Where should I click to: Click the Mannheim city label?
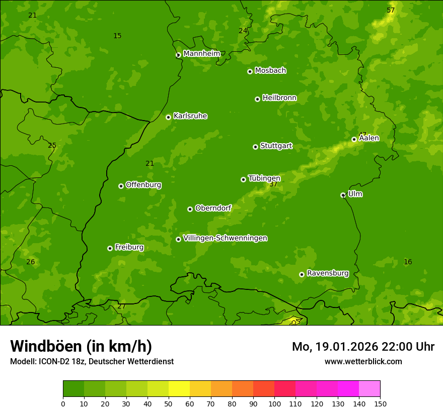pos(201,53)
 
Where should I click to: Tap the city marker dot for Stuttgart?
pos(255,147)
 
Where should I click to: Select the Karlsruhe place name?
pos(190,116)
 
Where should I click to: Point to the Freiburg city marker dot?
pos(110,248)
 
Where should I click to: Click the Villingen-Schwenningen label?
pos(225,238)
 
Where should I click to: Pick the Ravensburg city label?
pos(327,273)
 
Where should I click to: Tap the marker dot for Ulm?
pos(343,195)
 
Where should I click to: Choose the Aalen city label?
pos(369,138)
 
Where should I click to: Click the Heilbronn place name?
pos(279,98)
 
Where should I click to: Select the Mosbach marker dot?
pos(250,71)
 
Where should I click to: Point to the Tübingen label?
pos(264,178)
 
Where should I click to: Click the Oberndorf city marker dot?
pos(190,209)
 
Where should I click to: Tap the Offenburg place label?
pos(143,185)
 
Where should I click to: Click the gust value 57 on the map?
pos(391,11)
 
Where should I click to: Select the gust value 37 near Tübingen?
pos(273,184)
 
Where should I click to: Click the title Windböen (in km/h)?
pos(81,346)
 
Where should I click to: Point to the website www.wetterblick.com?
pos(363,361)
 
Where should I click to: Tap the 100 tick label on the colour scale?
pos(274,404)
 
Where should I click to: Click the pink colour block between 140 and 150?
pos(370,388)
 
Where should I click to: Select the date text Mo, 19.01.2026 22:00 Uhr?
pos(363,347)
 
